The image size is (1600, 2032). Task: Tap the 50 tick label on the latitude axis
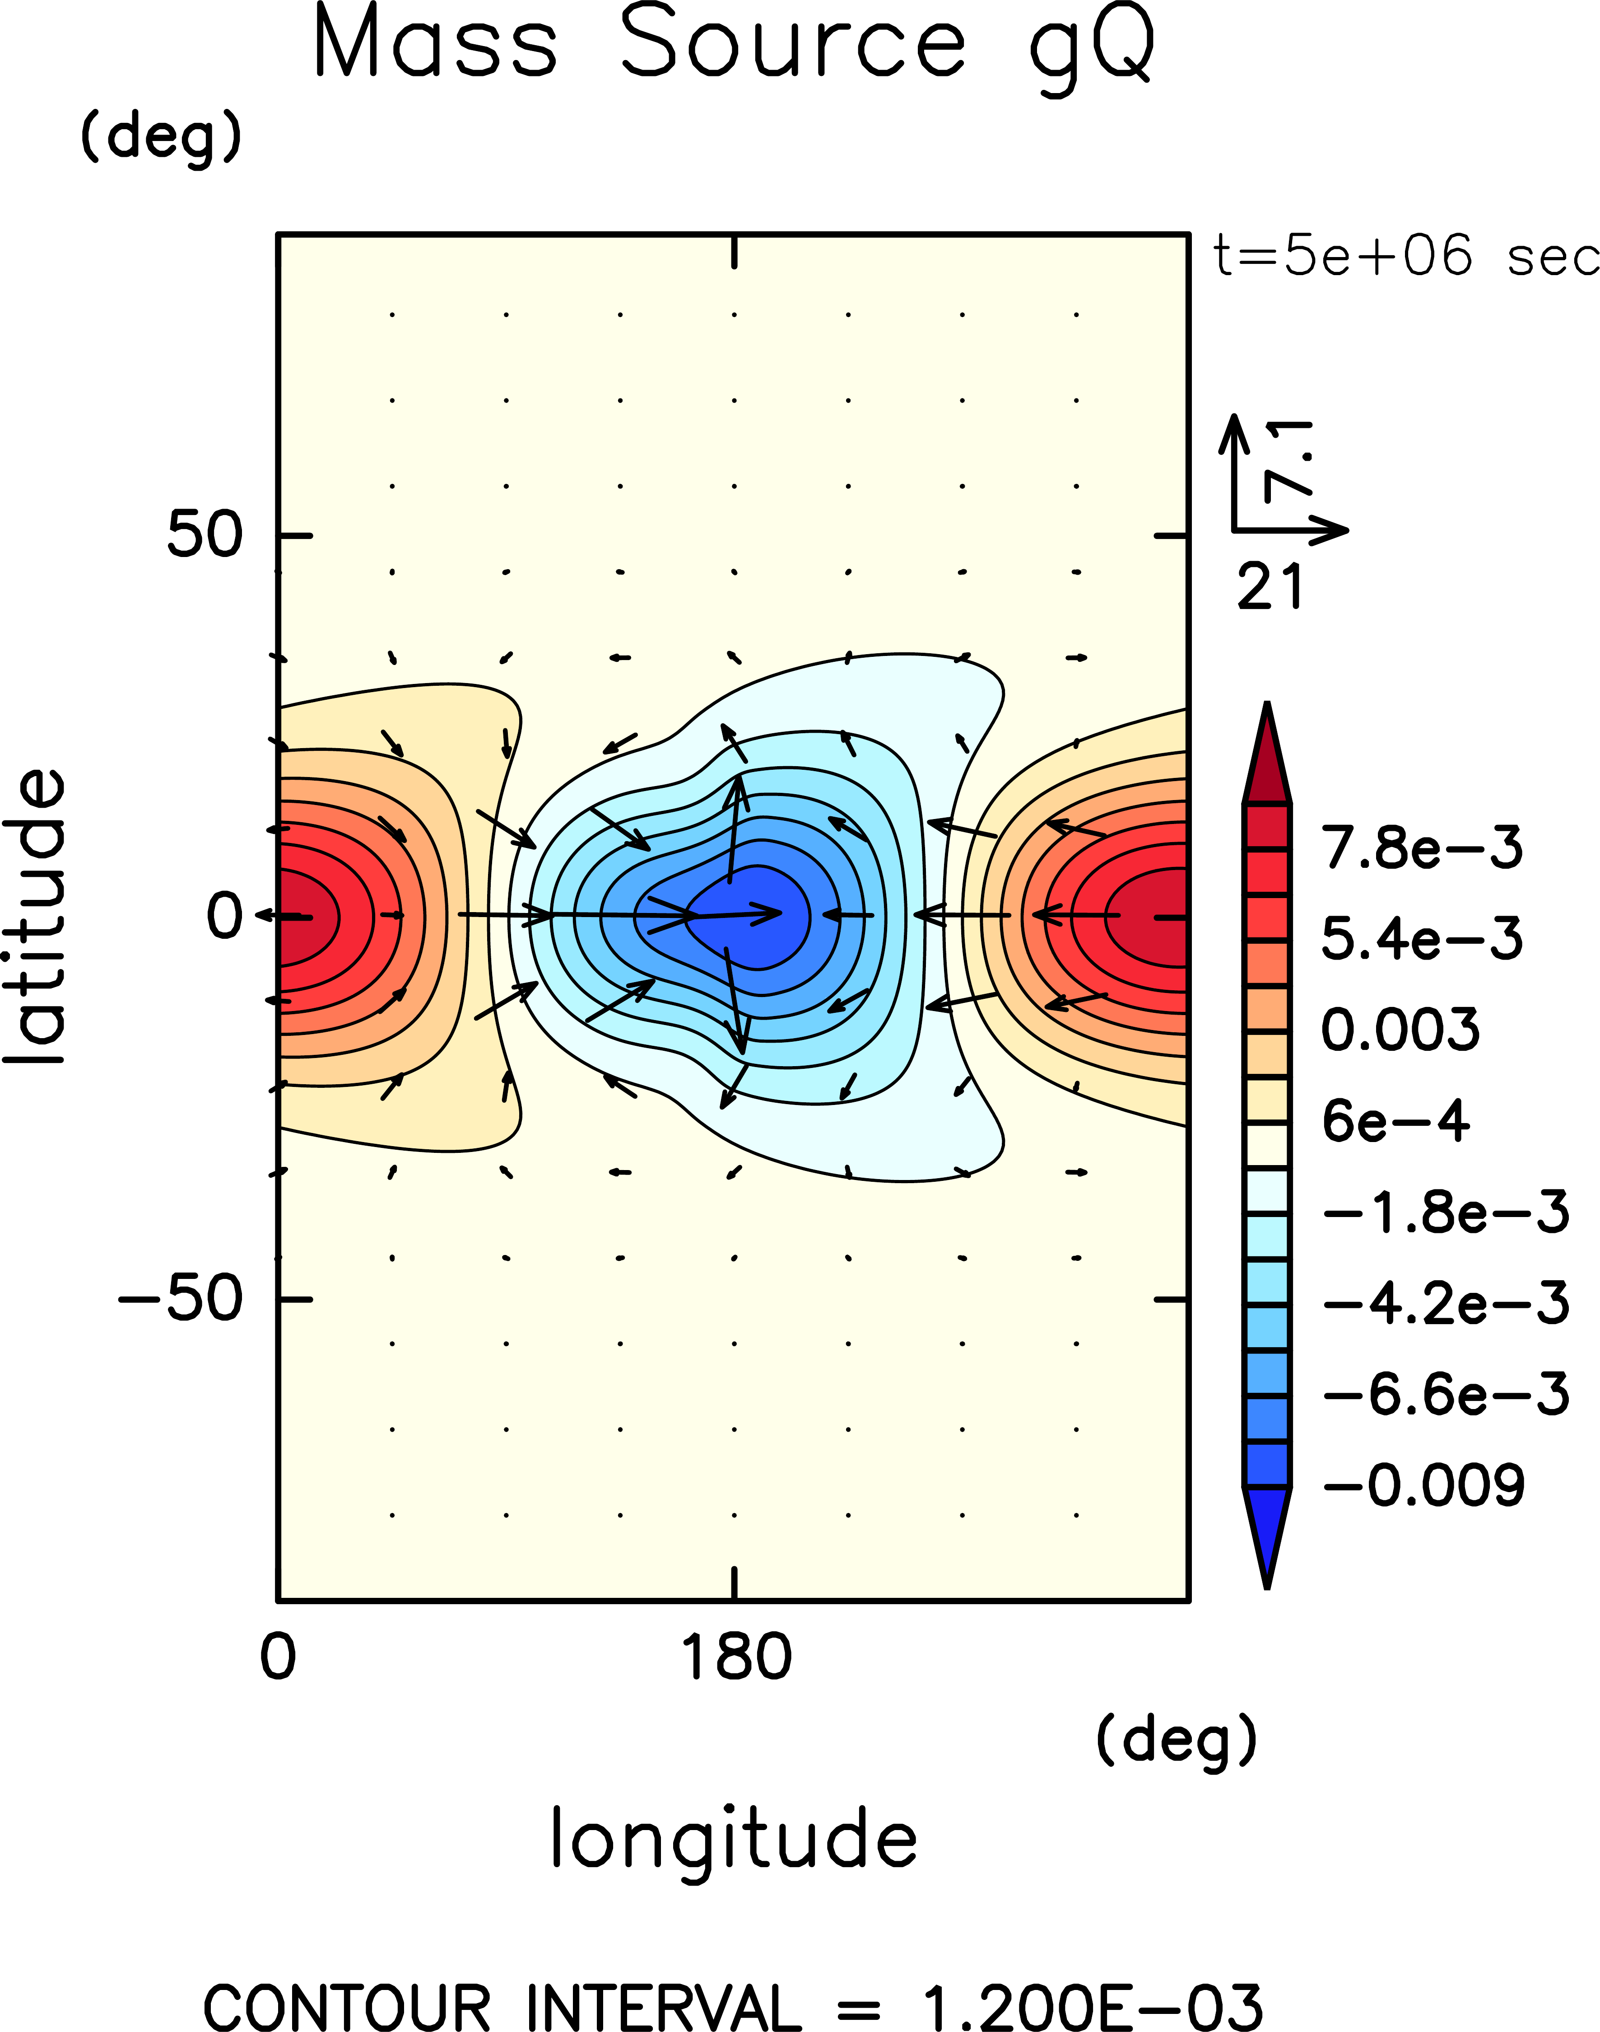point(204,535)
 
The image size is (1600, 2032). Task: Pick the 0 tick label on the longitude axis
point(277,1657)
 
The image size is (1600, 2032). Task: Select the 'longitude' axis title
point(734,1839)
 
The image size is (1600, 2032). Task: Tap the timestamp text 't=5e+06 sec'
point(1405,256)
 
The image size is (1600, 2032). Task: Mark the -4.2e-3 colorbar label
point(1446,1303)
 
